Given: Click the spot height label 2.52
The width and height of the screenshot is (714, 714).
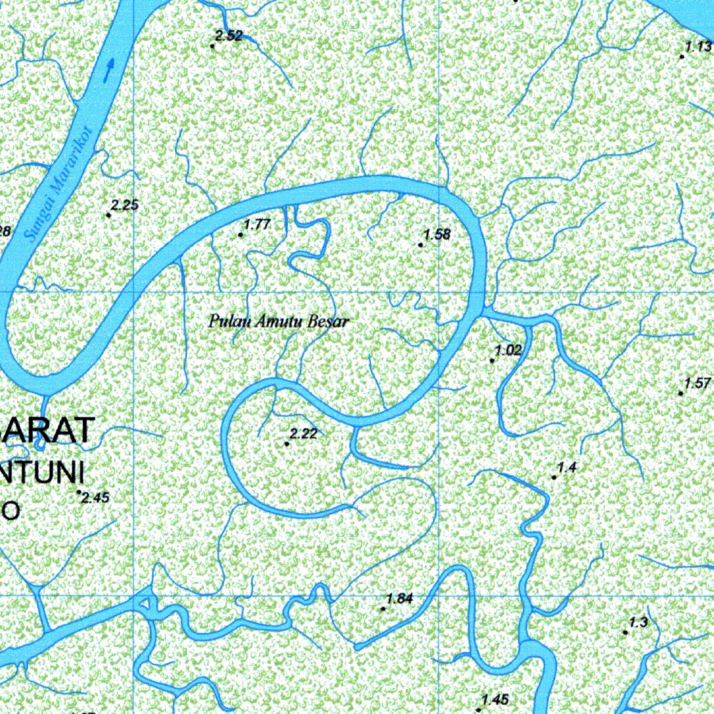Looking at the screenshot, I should click(x=229, y=36).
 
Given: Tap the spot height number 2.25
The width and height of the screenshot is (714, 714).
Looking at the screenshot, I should click(x=126, y=205).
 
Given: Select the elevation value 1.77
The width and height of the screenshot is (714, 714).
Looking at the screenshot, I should click(x=257, y=225).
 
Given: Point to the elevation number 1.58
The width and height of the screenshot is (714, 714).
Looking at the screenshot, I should click(x=437, y=234).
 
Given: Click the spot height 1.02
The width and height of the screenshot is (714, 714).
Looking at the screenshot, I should click(x=508, y=351).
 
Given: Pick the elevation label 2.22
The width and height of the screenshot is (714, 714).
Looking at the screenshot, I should click(x=303, y=434).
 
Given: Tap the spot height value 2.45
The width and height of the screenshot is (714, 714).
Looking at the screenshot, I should click(x=96, y=497).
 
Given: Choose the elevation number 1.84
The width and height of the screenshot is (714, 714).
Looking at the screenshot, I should click(x=400, y=598).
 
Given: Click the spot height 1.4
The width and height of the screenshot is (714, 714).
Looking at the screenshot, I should click(x=567, y=467).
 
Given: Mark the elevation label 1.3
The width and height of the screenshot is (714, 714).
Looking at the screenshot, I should click(x=639, y=623).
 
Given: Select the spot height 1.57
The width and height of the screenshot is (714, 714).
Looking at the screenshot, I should click(x=697, y=383).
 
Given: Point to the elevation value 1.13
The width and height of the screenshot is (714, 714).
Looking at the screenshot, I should click(x=698, y=47).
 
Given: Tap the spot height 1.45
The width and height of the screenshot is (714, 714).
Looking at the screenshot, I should click(x=495, y=700).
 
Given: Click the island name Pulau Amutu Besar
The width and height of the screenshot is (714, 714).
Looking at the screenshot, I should click(x=278, y=322).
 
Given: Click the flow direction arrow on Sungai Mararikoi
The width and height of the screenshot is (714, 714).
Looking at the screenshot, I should click(x=109, y=70).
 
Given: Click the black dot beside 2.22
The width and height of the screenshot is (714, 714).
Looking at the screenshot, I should click(x=287, y=443).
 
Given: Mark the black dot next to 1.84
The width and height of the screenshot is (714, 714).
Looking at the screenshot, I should click(x=383, y=609).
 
